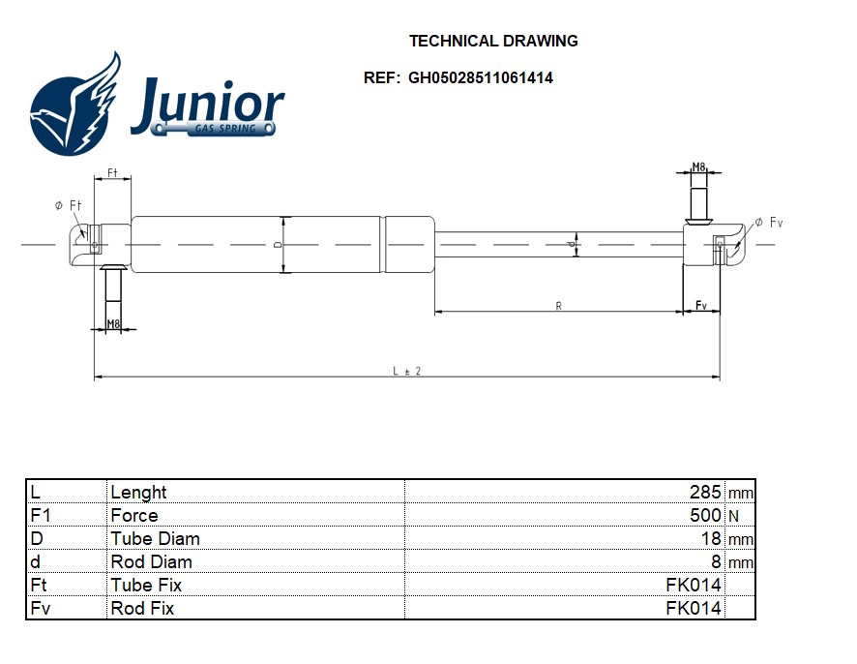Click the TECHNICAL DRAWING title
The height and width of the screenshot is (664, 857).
tap(493, 41)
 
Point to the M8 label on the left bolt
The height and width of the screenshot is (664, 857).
tap(113, 324)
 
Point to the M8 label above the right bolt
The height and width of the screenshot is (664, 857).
tap(698, 167)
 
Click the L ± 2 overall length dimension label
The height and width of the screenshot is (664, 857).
tap(406, 371)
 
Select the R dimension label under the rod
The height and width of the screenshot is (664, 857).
tap(559, 306)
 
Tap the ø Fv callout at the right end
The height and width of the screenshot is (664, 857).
tap(769, 224)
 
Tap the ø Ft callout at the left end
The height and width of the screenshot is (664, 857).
tap(68, 205)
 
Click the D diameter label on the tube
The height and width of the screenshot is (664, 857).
tap(278, 245)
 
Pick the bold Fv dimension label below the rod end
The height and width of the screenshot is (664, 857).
tap(701, 306)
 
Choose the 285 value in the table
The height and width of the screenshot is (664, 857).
tap(703, 492)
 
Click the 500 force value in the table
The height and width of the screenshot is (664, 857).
tap(703, 515)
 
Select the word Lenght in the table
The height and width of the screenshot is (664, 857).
tap(138, 492)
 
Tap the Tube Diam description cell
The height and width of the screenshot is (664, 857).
tap(155, 538)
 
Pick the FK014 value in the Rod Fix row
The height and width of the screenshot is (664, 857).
tap(694, 608)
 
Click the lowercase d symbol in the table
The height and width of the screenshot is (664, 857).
tap(36, 561)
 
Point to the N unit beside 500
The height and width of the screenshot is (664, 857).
tap(732, 516)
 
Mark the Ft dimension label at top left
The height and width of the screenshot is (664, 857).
tap(112, 173)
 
